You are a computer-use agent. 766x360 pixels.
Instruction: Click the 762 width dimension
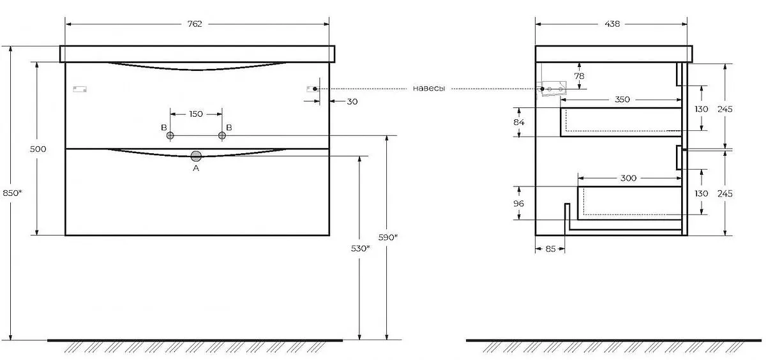pyautogui.click(x=195, y=24)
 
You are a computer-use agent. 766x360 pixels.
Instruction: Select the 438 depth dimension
pyautogui.click(x=612, y=24)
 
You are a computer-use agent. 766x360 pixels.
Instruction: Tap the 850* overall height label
pyautogui.click(x=12, y=193)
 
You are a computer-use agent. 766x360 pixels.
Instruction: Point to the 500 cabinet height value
pyautogui.click(x=38, y=149)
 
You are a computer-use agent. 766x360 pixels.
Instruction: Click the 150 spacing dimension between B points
pyautogui.click(x=196, y=114)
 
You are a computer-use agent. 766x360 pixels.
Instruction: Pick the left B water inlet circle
pyautogui.click(x=170, y=136)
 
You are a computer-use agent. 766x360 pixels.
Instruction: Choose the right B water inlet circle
pyautogui.click(x=222, y=136)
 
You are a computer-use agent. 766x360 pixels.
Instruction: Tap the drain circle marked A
pyautogui.click(x=196, y=156)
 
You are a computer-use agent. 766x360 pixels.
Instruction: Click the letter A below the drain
pyautogui.click(x=196, y=169)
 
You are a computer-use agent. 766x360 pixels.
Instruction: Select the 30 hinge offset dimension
pyautogui.click(x=352, y=101)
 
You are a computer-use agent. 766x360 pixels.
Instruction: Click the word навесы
pyautogui.click(x=429, y=89)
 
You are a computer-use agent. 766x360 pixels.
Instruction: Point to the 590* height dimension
pyautogui.click(x=388, y=237)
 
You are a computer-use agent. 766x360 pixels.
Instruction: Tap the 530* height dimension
pyautogui.click(x=361, y=248)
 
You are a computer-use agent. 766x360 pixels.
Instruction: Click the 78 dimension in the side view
pyautogui.click(x=579, y=76)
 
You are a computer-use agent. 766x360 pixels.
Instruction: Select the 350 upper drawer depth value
pyautogui.click(x=622, y=100)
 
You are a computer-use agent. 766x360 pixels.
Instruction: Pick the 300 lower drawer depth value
pyautogui.click(x=628, y=178)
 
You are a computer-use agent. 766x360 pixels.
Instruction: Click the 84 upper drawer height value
pyautogui.click(x=519, y=122)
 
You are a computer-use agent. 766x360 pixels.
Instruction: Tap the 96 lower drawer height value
pyautogui.click(x=518, y=204)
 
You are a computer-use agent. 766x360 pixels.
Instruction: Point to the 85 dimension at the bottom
pyautogui.click(x=550, y=249)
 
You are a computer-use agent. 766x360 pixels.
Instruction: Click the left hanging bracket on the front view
pyautogui.click(x=80, y=89)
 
